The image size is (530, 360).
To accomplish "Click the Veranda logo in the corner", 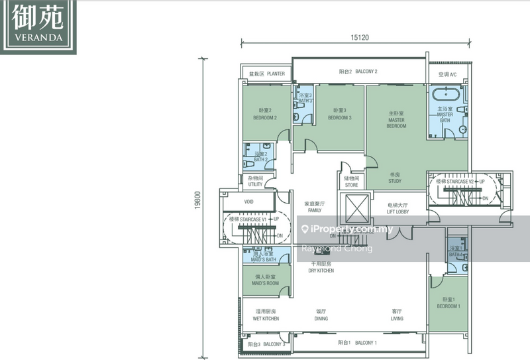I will tap(38, 25).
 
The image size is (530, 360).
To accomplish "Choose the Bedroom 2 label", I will tap(265, 114).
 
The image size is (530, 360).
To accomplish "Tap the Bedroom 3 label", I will tap(340, 114).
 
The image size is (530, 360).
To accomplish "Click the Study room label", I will tap(396, 177).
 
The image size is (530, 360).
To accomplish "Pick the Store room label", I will tap(351, 181).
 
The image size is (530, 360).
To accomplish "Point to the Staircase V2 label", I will tap(456, 181).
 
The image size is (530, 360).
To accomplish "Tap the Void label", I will tap(249, 201).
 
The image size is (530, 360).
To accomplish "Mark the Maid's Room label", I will tap(265, 280).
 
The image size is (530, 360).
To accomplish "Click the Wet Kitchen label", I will tap(265, 315).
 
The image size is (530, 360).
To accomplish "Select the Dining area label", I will tap(321, 315).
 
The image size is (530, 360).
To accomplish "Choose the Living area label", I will tap(397, 315).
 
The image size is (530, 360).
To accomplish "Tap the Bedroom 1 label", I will tap(449, 303).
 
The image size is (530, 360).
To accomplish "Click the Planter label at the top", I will tap(267, 74).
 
